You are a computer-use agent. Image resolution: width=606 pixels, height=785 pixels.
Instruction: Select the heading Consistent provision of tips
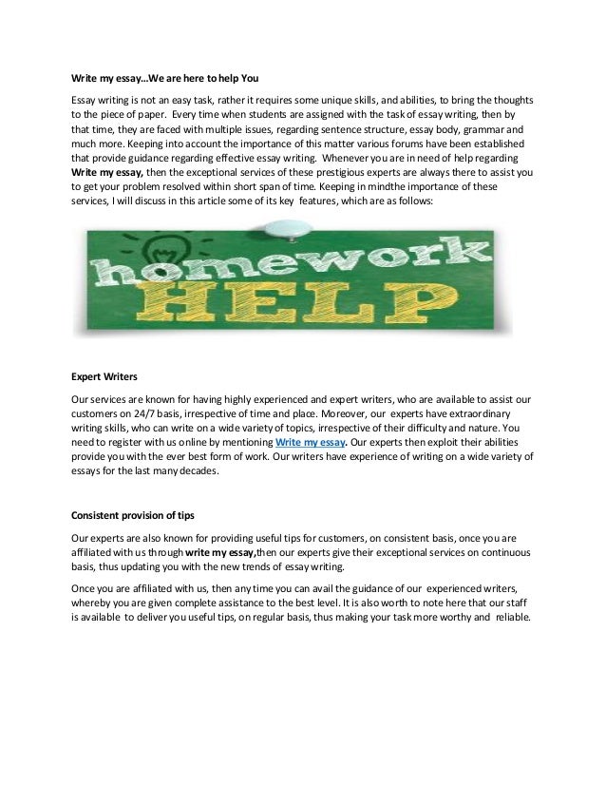(x=133, y=516)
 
